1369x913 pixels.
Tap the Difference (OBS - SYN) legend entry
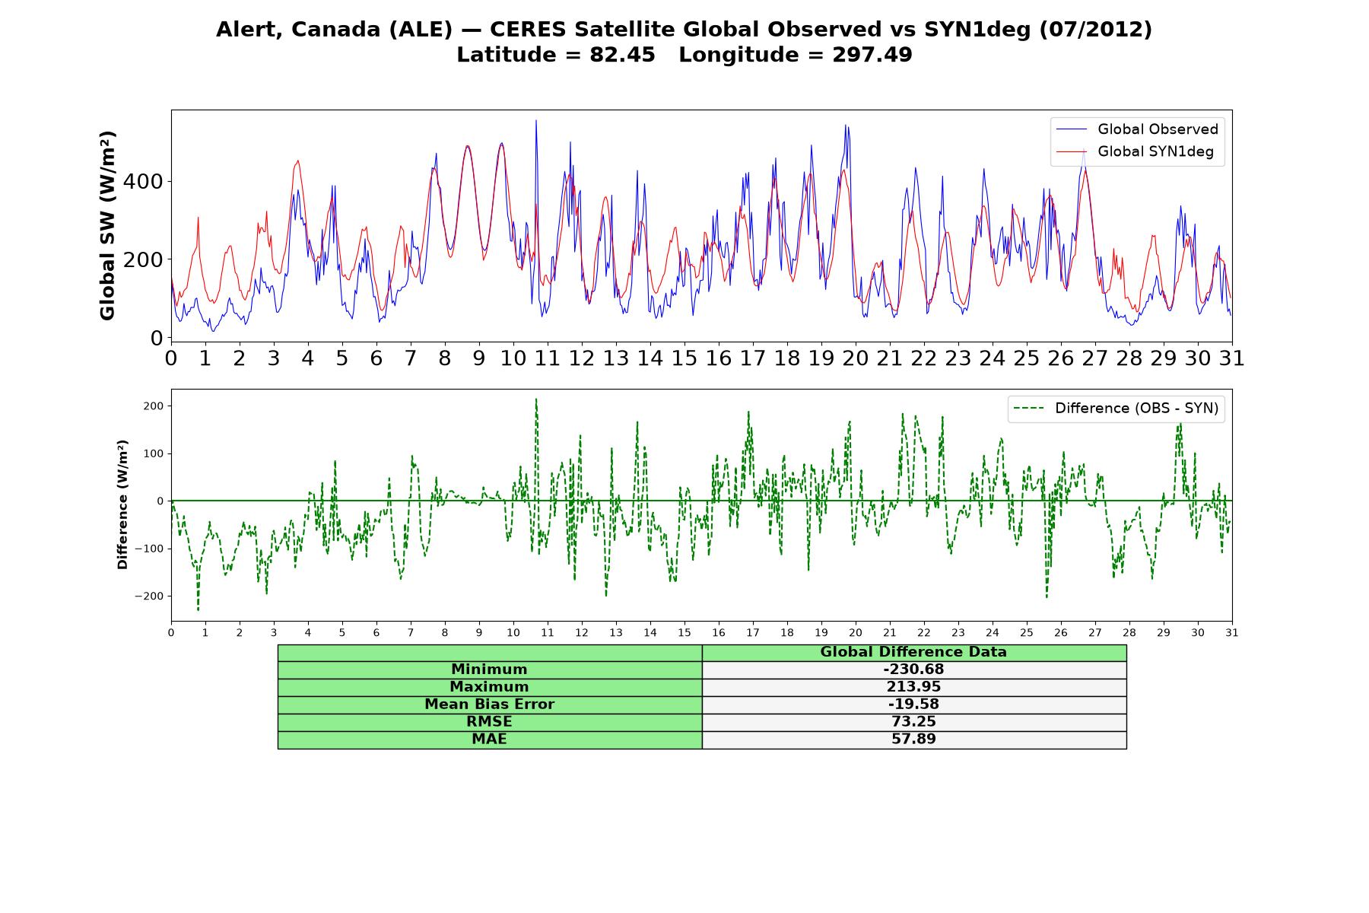coord(1116,409)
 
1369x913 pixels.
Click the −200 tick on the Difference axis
coord(150,596)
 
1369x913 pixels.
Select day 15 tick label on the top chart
coord(684,358)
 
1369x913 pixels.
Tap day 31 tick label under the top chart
coord(1231,358)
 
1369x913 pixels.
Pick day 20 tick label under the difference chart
coord(856,632)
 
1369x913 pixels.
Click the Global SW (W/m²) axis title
coord(107,225)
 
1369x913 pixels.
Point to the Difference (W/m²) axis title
coord(122,504)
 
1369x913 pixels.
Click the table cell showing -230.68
coord(913,670)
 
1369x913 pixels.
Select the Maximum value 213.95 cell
coord(913,687)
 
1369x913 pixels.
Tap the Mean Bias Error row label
coord(489,705)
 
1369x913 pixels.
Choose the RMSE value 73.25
coord(913,722)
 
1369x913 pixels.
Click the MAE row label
coord(489,740)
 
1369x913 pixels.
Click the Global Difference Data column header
coord(913,652)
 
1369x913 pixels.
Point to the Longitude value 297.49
coord(872,55)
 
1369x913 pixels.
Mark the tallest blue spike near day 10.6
coord(535,120)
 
